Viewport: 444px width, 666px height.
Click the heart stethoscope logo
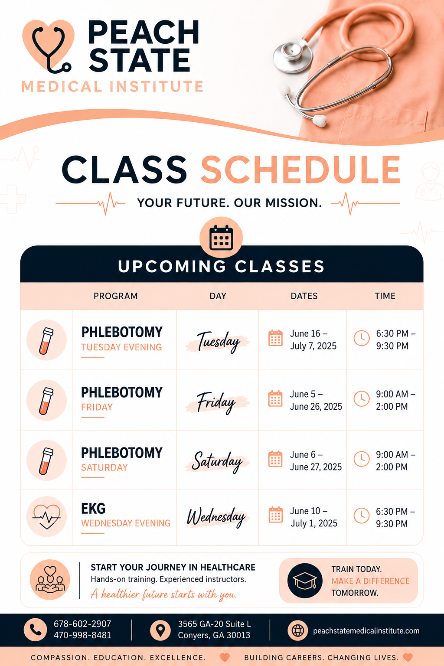49,46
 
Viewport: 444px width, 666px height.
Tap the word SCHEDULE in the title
300,170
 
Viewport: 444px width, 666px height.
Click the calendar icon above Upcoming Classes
221,238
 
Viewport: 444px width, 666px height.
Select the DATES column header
304,296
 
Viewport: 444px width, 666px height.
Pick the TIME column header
385,296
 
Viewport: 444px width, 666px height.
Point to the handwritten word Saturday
217,461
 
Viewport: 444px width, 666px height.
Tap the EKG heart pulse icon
46,516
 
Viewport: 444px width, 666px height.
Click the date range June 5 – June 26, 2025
316,400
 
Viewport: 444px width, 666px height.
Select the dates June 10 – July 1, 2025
314,517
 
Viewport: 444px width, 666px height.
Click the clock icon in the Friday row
361,398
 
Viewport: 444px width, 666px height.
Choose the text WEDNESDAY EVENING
126,523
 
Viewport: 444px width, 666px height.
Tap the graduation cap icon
305,581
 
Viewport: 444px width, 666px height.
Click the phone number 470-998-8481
82,635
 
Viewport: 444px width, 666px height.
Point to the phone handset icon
35,630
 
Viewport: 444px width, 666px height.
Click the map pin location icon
160,630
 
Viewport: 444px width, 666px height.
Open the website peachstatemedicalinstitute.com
366,630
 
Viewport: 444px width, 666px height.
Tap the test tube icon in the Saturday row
46,460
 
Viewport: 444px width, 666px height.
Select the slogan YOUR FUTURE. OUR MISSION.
229,203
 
